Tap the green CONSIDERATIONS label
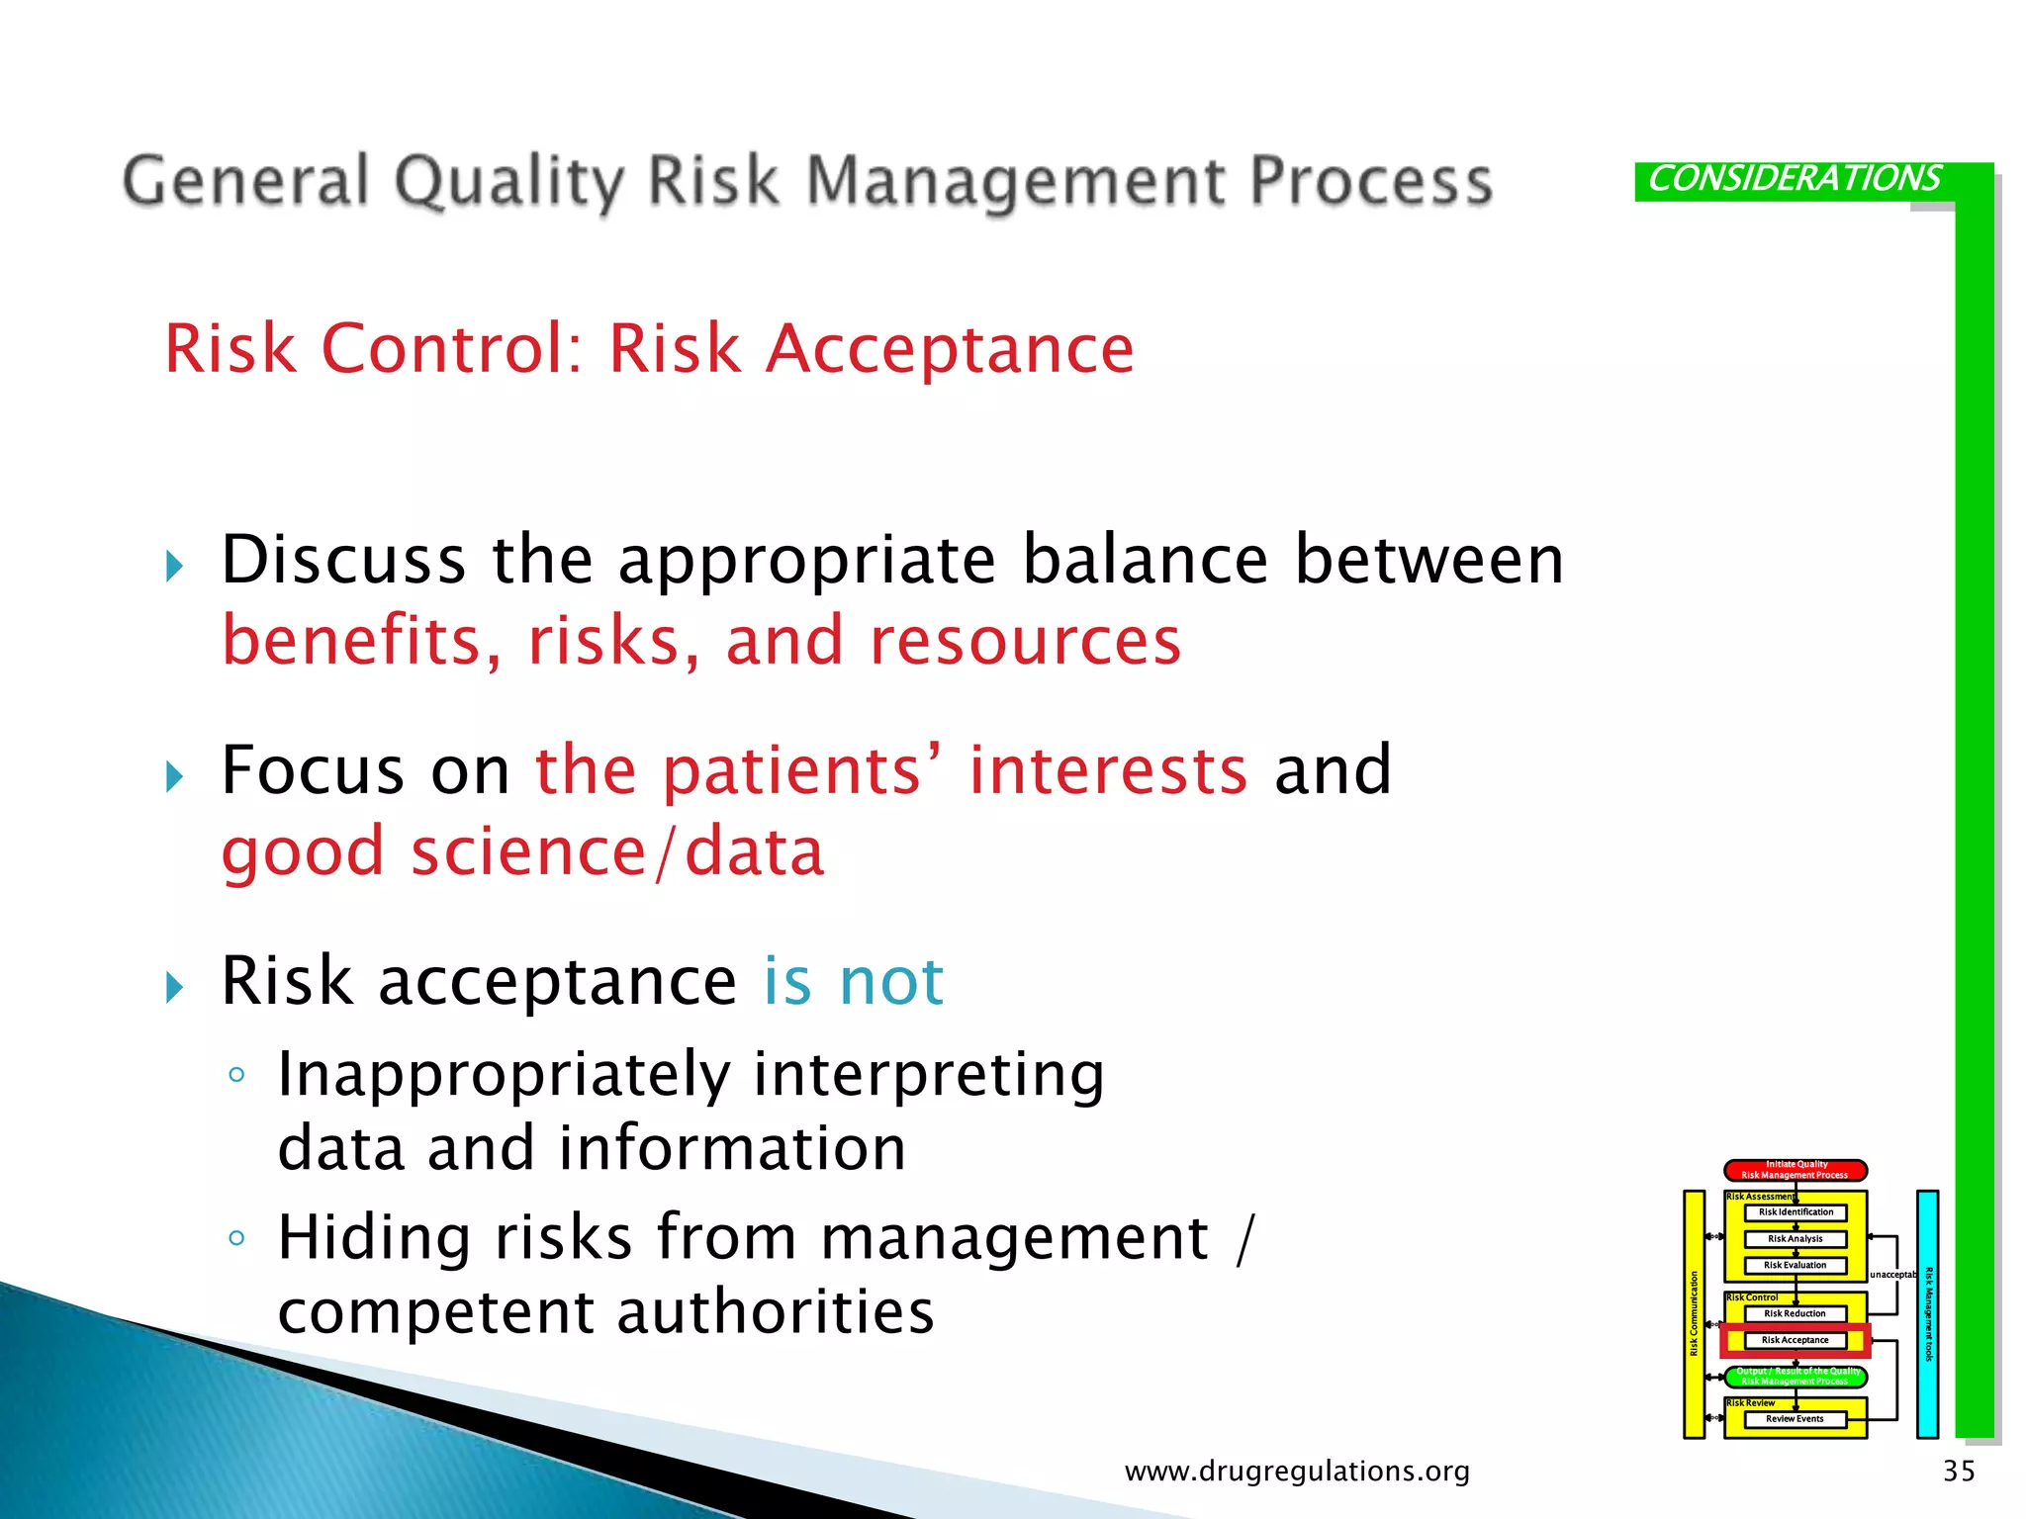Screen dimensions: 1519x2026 click(1793, 179)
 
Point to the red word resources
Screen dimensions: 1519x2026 click(1025, 641)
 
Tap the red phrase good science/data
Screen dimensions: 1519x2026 click(522, 851)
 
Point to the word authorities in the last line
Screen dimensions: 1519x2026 click(775, 1312)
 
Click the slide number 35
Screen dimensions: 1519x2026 click(1959, 1471)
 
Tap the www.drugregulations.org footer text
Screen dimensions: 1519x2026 click(1297, 1472)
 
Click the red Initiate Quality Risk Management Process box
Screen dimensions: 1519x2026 click(1795, 1170)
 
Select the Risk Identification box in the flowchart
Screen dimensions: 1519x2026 click(1795, 1212)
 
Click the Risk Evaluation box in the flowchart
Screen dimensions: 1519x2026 click(1795, 1265)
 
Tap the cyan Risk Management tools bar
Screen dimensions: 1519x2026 click(1927, 1313)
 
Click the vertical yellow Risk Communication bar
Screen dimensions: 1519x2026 click(1694, 1313)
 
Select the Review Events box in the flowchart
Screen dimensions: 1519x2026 click(1795, 1419)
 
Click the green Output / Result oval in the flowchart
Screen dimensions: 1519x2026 click(1795, 1377)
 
